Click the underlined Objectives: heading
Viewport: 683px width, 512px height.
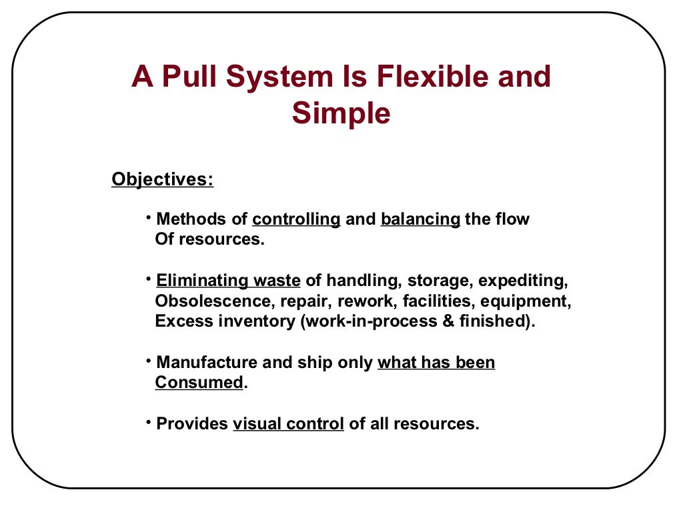(x=163, y=179)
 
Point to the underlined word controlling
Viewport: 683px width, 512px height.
(x=297, y=219)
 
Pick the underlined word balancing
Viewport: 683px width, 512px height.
(x=420, y=219)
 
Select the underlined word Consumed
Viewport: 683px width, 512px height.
(x=199, y=383)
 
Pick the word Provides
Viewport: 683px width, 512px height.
(x=192, y=424)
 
